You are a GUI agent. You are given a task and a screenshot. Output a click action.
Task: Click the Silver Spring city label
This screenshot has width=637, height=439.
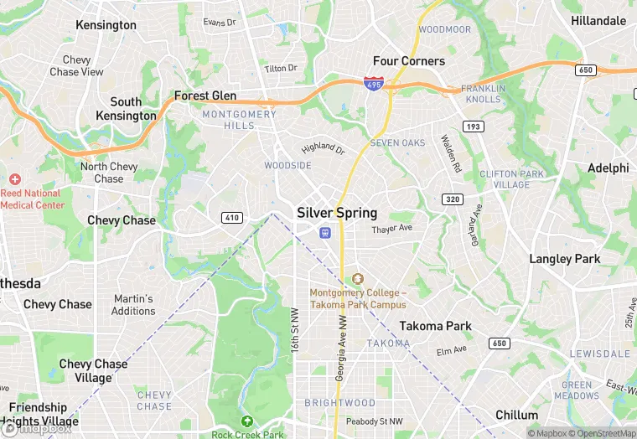[337, 213]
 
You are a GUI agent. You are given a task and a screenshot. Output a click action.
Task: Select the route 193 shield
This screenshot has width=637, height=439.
[474, 127]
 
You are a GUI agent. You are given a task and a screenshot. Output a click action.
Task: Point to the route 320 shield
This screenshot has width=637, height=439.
[453, 199]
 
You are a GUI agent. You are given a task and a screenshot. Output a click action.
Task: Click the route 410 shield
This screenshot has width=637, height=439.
[232, 218]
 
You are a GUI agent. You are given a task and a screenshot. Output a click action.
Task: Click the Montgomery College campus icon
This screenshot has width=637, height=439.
[358, 278]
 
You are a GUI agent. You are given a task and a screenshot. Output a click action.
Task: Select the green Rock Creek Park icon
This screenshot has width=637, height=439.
[246, 421]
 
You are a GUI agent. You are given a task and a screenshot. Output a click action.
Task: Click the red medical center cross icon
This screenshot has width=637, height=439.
[14, 179]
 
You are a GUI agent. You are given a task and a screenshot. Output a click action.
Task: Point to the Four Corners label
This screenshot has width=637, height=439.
[409, 61]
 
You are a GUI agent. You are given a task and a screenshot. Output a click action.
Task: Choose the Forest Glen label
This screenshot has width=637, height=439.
[205, 96]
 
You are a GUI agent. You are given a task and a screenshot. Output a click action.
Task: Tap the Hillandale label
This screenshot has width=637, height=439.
[598, 20]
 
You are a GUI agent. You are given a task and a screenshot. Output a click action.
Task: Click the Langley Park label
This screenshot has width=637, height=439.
[564, 259]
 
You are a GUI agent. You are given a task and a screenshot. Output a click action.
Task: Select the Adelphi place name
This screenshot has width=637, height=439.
[608, 168]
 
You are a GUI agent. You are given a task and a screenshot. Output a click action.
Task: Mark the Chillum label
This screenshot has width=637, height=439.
[516, 416]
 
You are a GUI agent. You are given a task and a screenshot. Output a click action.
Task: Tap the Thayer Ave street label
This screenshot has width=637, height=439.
[392, 229]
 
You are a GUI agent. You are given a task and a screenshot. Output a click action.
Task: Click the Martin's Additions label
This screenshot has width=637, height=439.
[133, 305]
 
